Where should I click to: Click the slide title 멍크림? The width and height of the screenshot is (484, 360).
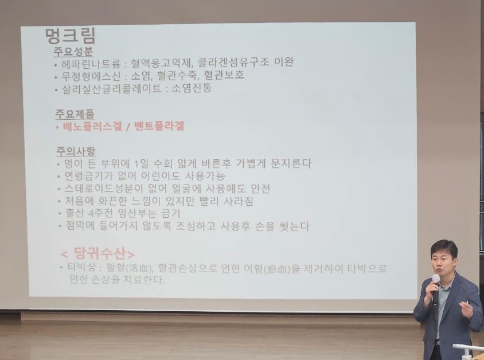pos(71,36)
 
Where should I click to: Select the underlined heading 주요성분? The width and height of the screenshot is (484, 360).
pos(73,51)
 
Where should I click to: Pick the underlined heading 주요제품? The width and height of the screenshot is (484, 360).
pos(75,114)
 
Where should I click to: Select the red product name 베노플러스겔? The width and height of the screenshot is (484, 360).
pos(92,127)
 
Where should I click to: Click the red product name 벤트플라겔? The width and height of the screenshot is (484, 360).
pos(159,127)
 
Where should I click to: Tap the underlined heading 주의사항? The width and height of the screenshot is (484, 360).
pos(76,151)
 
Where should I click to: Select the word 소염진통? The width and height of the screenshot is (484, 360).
pos(192,88)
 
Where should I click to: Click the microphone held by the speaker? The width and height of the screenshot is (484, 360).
pos(436,288)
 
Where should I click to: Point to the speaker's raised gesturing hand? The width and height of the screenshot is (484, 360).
pos(466,309)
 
